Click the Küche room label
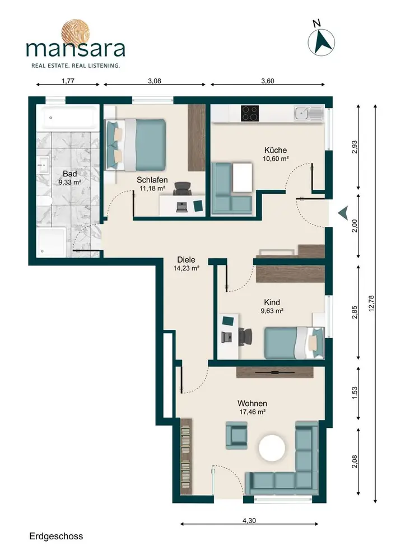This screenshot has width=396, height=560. click(276, 150)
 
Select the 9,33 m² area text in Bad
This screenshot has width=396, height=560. click(69, 182)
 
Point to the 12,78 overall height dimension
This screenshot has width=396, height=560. click(371, 303)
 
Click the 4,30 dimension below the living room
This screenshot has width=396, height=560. click(249, 520)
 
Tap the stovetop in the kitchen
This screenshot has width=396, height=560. click(250, 114)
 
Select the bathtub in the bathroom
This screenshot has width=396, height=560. click(68, 118)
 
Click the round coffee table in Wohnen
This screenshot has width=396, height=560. click(272, 447)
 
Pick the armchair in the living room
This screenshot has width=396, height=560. click(236, 435)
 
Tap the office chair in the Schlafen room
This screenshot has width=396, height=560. click(183, 188)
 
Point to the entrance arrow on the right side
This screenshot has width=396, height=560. click(343, 213)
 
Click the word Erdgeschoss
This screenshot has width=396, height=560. click(56, 536)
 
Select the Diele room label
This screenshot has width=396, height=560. click(186, 260)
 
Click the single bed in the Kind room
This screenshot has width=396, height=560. click(294, 343)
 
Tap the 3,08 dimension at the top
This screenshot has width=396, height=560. click(155, 81)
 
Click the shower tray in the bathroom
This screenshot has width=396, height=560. click(51, 242)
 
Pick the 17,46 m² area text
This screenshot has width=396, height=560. click(252, 412)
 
